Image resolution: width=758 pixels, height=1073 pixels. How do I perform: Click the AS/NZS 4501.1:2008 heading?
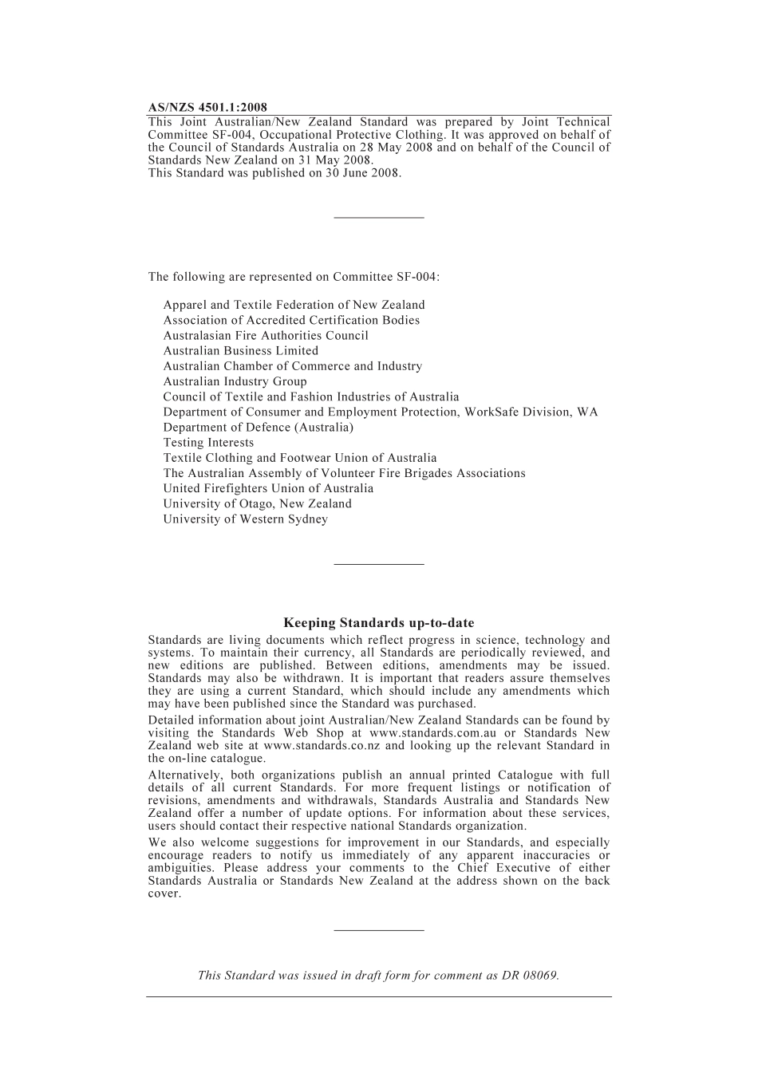point(207,108)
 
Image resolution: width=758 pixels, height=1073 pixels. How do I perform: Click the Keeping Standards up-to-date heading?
point(378,623)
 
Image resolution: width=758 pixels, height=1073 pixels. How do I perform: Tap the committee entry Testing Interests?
point(208,443)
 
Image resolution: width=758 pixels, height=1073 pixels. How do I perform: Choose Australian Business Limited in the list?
point(240,351)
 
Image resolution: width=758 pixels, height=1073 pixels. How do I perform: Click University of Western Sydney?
point(245,519)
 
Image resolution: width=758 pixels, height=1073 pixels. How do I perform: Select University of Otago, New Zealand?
point(257,504)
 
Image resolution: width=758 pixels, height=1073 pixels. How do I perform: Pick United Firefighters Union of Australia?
point(268,489)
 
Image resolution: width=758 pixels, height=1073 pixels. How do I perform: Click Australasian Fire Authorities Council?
point(266,336)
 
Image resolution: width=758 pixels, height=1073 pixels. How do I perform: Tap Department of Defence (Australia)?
point(258,428)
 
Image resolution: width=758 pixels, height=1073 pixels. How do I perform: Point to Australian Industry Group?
point(235,381)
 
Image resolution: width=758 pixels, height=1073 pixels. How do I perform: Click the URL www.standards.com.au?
point(432,733)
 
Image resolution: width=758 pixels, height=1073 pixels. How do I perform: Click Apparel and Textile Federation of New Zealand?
point(294,305)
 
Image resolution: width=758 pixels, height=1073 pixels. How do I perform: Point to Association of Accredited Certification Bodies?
point(291,320)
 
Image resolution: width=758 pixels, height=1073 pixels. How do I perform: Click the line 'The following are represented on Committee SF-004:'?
point(294,278)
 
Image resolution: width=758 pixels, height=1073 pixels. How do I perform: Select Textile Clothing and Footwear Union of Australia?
point(300,458)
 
